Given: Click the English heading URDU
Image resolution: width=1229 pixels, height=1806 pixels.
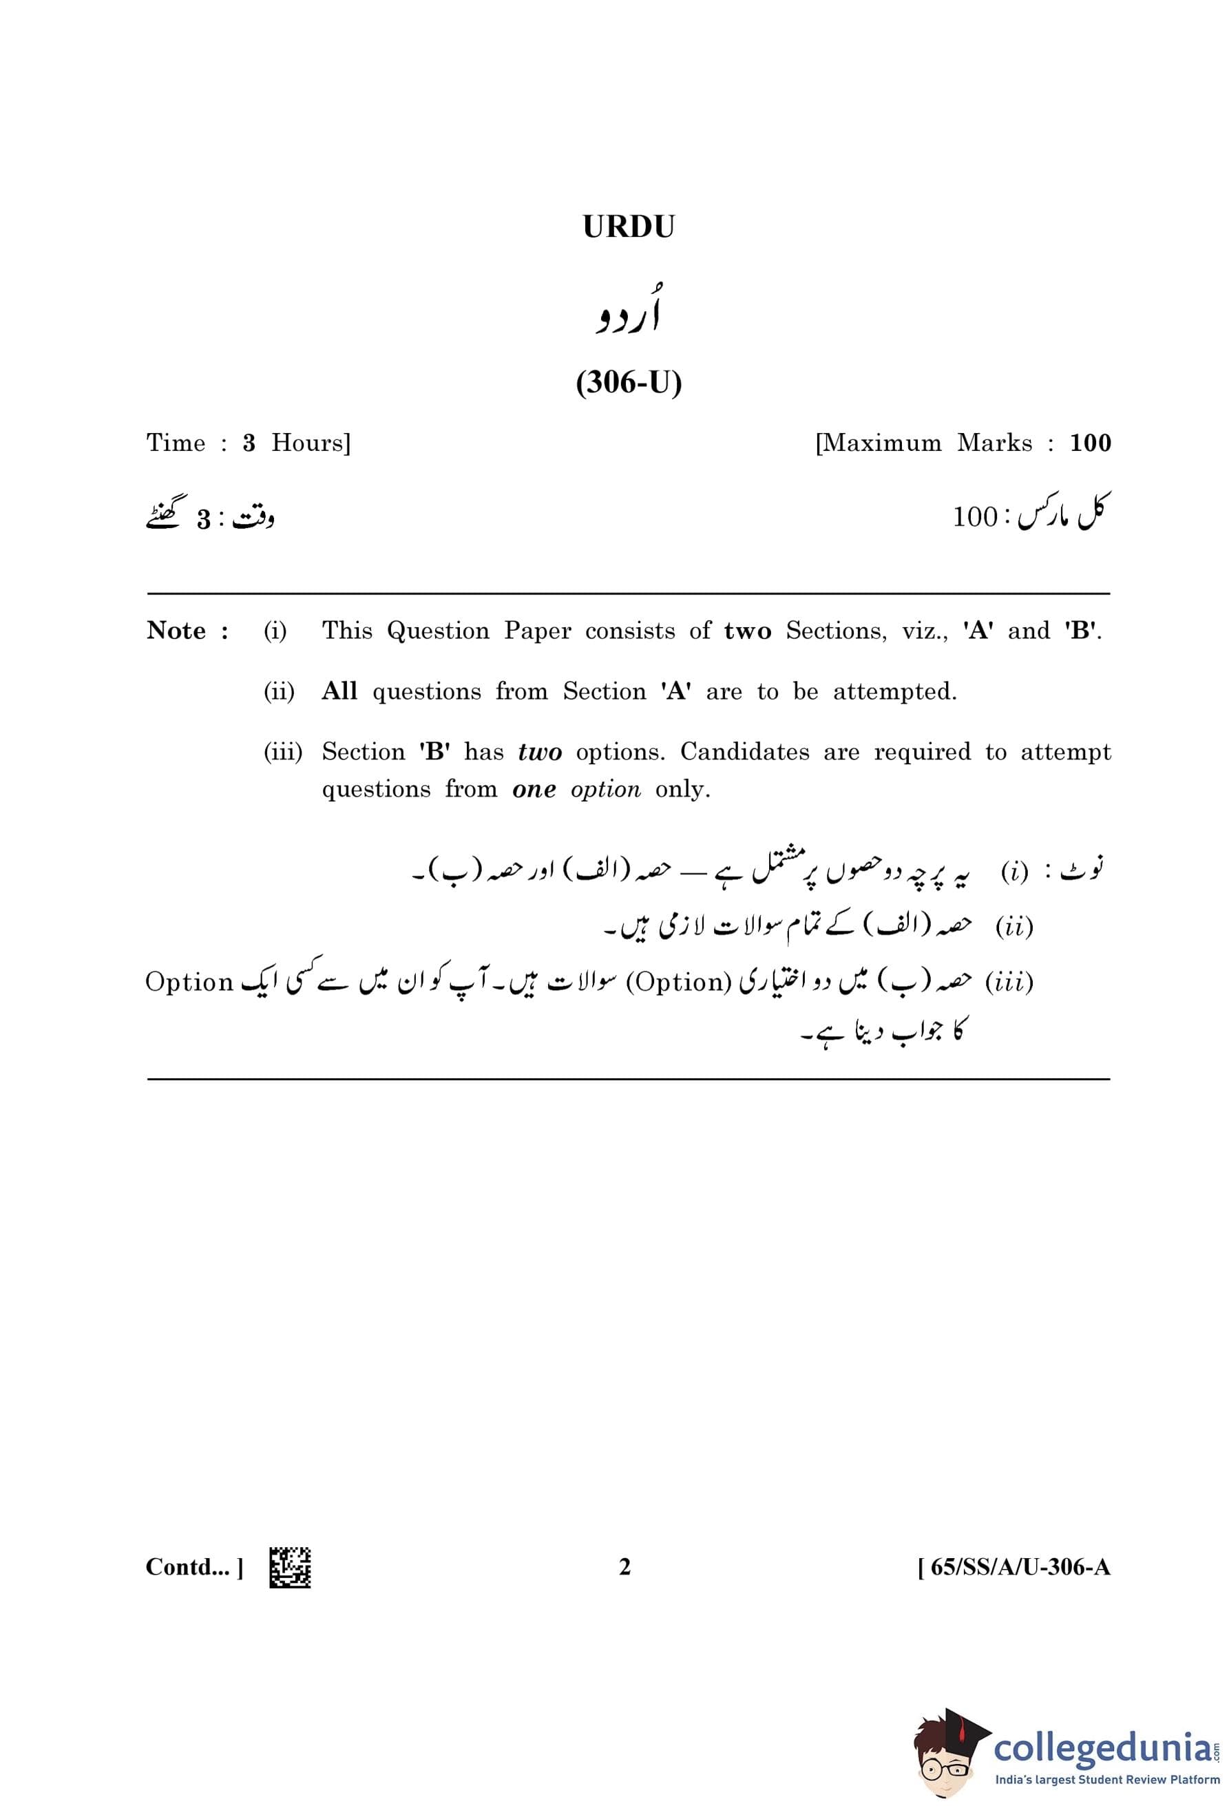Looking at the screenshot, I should pos(629,227).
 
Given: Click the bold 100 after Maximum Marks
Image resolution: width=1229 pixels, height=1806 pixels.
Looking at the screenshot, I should pos(1090,443).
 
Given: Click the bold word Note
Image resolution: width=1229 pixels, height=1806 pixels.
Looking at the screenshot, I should pos(176,630).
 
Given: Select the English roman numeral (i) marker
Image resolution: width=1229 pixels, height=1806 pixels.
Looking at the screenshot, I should pos(275,630).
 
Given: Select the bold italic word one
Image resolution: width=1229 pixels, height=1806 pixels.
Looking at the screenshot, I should pos(534,790).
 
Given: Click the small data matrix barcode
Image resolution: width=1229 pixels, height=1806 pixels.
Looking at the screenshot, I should pos(290,1566).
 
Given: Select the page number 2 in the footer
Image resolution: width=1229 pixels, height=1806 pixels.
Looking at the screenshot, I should pos(624,1566).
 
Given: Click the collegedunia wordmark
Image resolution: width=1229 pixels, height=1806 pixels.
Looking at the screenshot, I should pos(1103,1747).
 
